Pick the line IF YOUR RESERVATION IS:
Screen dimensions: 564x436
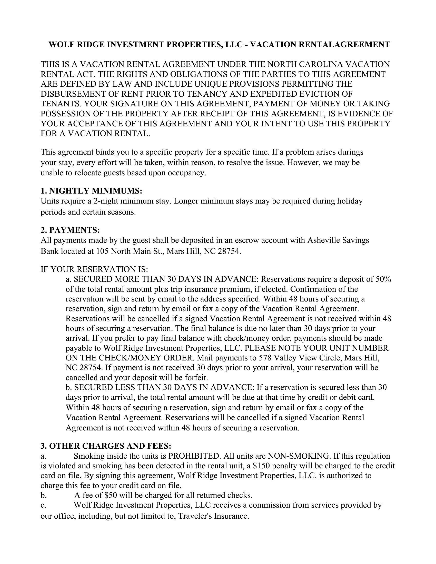click(x=94, y=269)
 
